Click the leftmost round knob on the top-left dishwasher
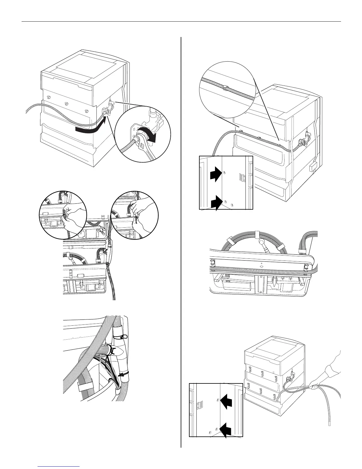pyautogui.click(x=48, y=97)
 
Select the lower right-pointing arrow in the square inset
pyautogui.click(x=216, y=204)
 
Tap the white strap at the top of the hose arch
pyautogui.click(x=256, y=234)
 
